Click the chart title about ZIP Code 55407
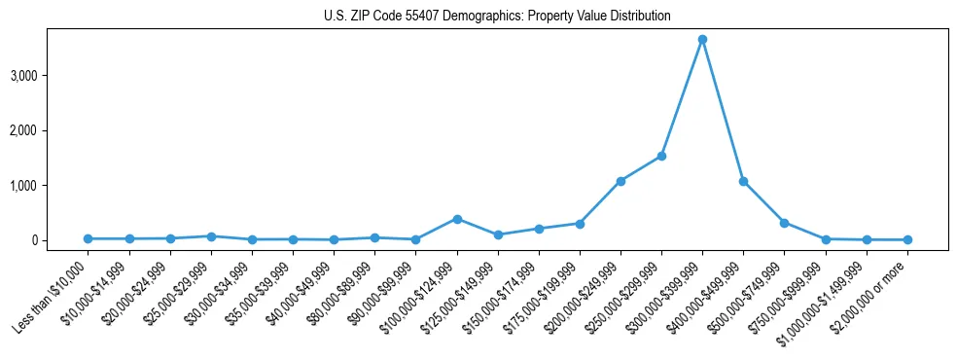point(497,17)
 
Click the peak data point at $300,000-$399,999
point(702,39)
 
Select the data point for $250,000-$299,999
point(661,156)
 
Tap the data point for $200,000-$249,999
point(620,181)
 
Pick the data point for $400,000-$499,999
point(743,181)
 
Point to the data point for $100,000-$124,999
point(456,219)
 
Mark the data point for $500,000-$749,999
point(784,223)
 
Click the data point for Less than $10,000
point(88,238)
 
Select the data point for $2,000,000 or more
point(907,239)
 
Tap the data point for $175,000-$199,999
point(580,224)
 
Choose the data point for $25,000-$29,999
point(211,236)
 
